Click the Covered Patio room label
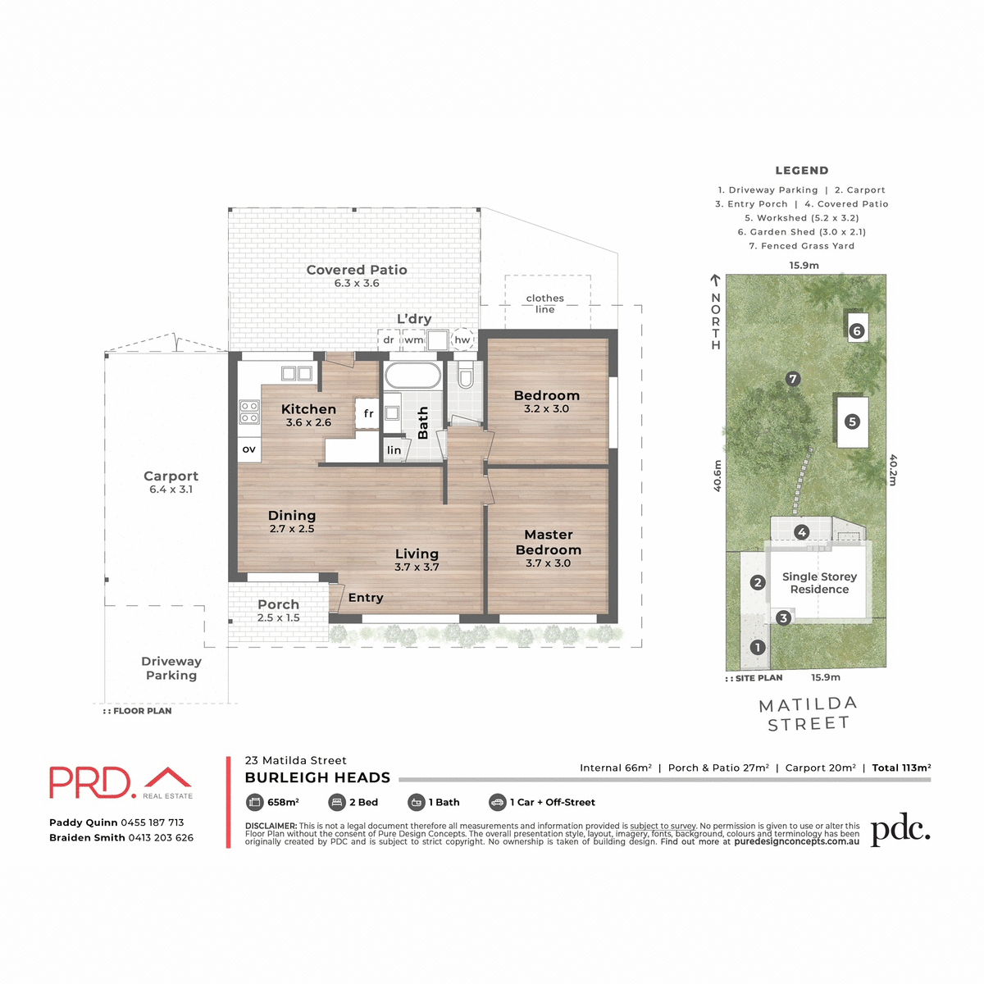click(x=357, y=270)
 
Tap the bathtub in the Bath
click(x=413, y=376)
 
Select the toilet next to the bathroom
click(x=466, y=376)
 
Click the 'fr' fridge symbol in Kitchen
click(x=368, y=414)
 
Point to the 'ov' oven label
click(x=249, y=449)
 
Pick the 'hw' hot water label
click(x=462, y=339)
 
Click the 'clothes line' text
click(x=545, y=303)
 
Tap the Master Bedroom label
click(x=549, y=542)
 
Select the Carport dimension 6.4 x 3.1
click(x=171, y=490)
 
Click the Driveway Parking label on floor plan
click(x=171, y=668)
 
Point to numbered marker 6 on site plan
click(x=857, y=331)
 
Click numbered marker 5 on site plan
click(x=853, y=421)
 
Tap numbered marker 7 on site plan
click(x=793, y=379)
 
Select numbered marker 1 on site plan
click(x=758, y=647)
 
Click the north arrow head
click(x=715, y=280)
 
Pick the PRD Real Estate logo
click(x=121, y=782)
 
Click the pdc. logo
click(x=900, y=831)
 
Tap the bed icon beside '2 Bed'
click(x=336, y=802)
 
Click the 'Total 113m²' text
click(x=901, y=768)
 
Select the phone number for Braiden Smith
click(x=161, y=837)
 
